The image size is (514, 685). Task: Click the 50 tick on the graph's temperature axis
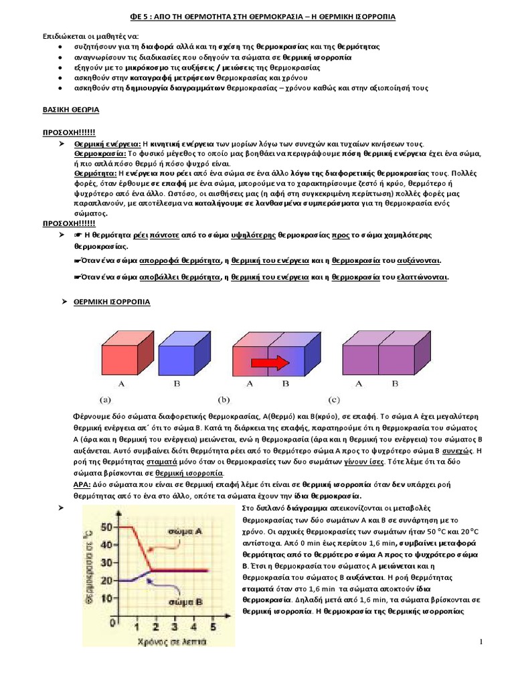[x=106, y=527]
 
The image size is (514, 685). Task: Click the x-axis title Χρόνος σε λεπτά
[x=159, y=641]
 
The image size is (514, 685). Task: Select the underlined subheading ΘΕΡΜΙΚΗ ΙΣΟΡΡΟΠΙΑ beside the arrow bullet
[x=112, y=302]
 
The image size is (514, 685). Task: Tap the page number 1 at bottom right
[x=481, y=642]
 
